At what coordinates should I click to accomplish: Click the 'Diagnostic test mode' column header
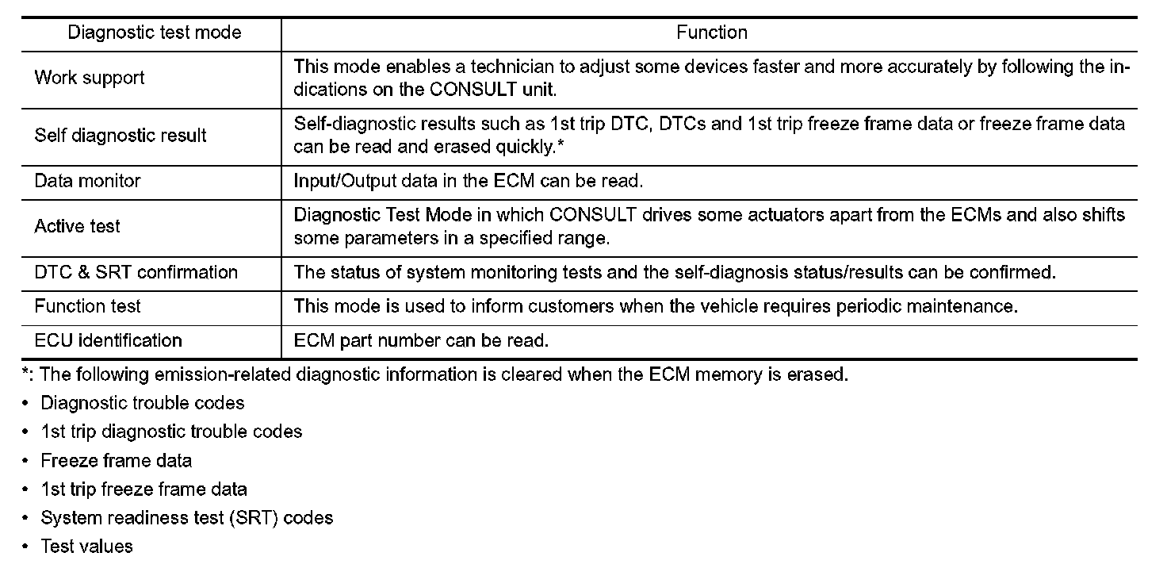click(155, 33)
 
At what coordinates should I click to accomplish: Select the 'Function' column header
click(711, 33)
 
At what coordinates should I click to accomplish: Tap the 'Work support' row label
click(90, 78)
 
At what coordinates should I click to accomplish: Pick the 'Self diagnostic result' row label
click(121, 135)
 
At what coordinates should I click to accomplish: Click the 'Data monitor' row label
click(87, 181)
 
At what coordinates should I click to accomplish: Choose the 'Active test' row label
click(77, 226)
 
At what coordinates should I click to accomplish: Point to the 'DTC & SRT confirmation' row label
click(136, 272)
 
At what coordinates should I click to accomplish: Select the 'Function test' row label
click(88, 306)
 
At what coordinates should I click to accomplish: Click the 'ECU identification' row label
click(108, 340)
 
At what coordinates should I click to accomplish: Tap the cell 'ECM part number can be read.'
click(421, 341)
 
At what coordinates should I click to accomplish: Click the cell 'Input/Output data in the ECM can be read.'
click(468, 181)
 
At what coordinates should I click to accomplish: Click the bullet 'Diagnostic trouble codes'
click(143, 403)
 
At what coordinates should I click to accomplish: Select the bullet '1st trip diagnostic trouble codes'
click(171, 432)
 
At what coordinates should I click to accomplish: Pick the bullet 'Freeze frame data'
click(117, 460)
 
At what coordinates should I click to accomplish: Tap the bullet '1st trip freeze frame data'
click(143, 489)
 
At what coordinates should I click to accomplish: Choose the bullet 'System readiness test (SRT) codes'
click(186, 518)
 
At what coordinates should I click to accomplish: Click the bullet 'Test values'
click(87, 547)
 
